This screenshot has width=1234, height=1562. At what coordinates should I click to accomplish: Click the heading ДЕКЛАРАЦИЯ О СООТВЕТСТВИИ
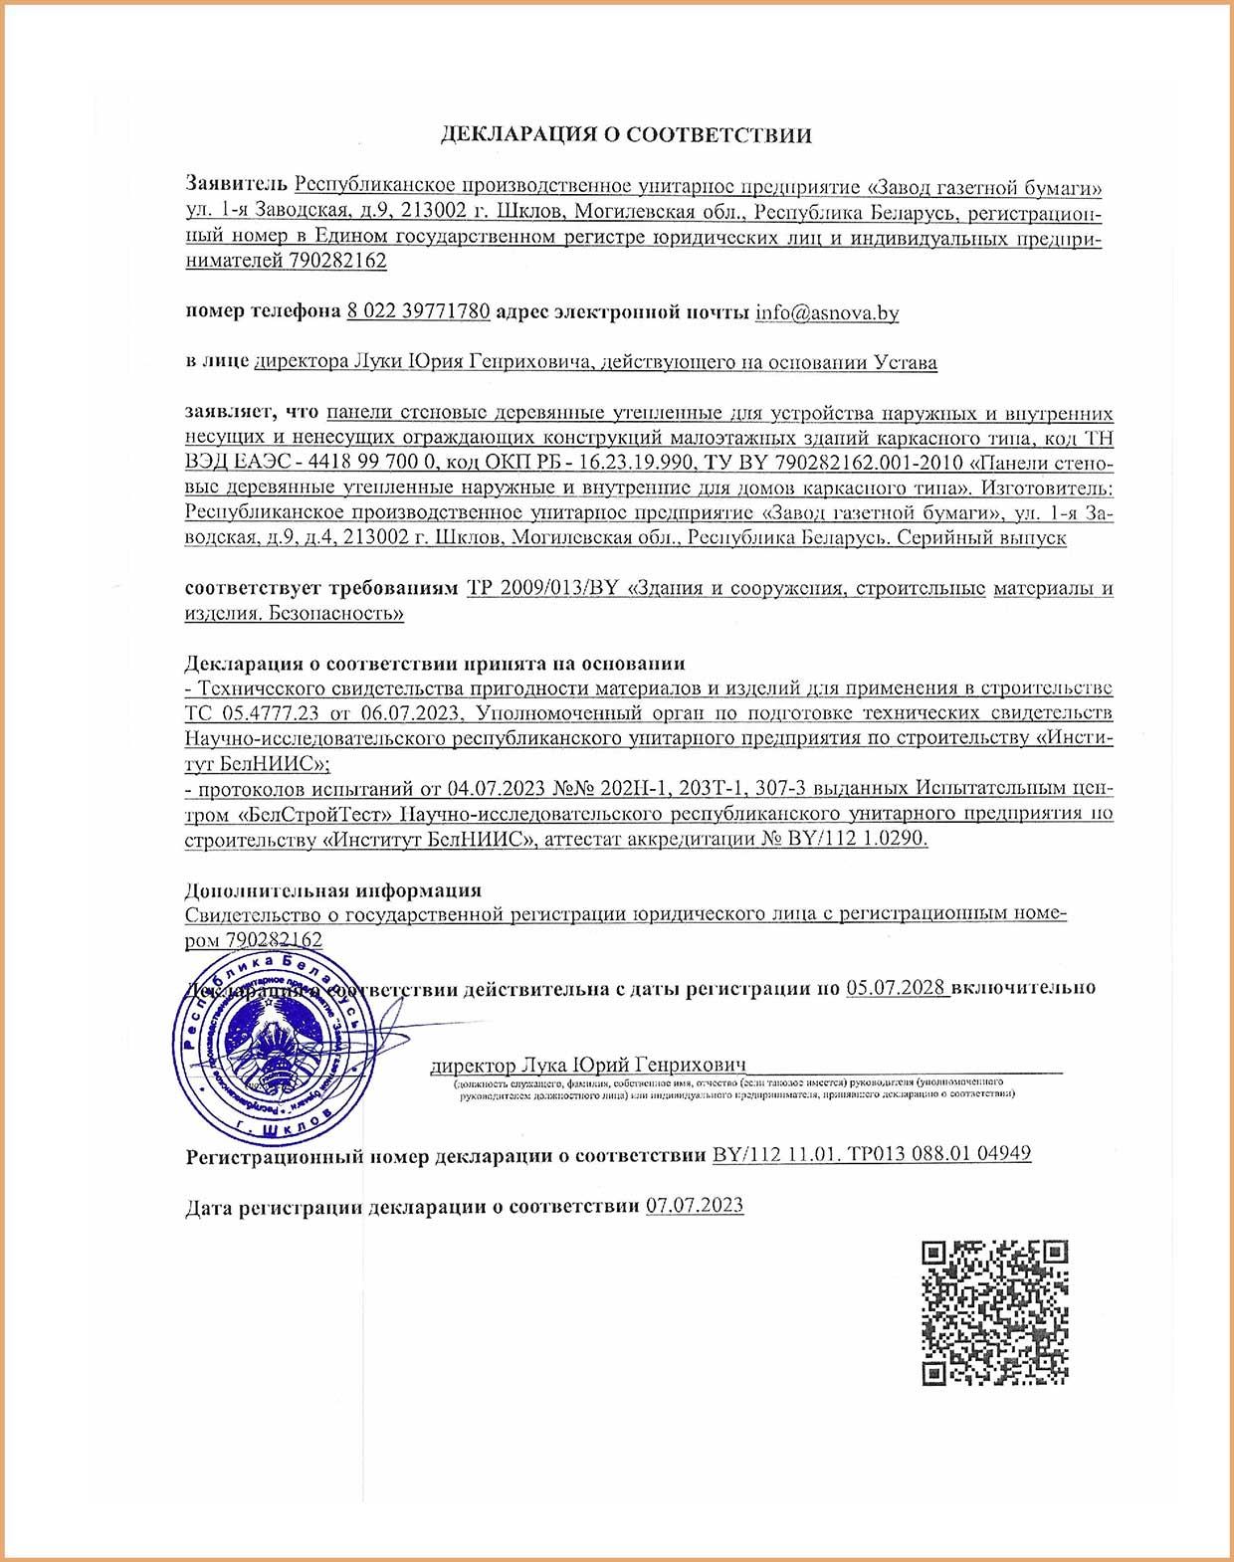click(626, 135)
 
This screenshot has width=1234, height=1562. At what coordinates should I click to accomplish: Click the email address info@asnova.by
click(827, 312)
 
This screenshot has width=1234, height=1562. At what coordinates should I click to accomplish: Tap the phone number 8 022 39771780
click(418, 311)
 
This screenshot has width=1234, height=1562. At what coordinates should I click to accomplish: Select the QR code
click(995, 1312)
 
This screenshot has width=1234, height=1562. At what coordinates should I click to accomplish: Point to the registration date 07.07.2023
click(695, 1205)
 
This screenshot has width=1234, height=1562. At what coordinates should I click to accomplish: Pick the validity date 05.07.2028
click(896, 988)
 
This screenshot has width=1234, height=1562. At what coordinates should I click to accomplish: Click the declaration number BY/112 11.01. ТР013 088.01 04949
click(872, 1154)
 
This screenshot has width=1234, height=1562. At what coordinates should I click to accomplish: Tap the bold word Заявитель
click(236, 186)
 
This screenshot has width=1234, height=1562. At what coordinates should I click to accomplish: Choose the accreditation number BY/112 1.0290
click(856, 839)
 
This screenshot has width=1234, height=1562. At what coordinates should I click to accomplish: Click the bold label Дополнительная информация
click(333, 889)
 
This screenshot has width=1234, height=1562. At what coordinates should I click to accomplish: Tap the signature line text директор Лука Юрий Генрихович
click(588, 1066)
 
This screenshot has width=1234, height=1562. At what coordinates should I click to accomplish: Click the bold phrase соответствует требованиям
click(320, 588)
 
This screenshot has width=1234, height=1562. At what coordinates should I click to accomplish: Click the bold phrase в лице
click(217, 362)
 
